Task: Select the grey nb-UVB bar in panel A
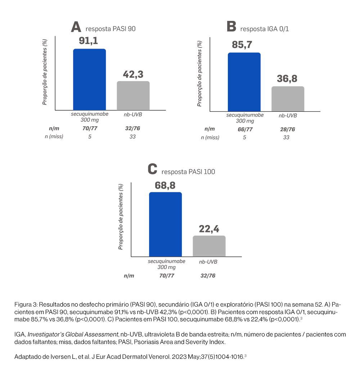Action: tap(133, 95)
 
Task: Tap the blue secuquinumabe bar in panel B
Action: tap(244, 82)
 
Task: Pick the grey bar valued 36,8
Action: tap(288, 99)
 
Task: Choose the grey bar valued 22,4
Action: tap(209, 246)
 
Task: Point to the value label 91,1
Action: tap(89, 41)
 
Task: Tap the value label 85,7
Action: tap(242, 45)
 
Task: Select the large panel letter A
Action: tap(76, 27)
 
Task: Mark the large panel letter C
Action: tap(153, 169)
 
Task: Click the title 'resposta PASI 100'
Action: tap(188, 172)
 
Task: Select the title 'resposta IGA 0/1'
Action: tap(265, 29)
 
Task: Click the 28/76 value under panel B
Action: tap(287, 129)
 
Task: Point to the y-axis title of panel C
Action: tap(121, 216)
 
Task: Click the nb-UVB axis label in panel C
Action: tap(208, 262)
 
